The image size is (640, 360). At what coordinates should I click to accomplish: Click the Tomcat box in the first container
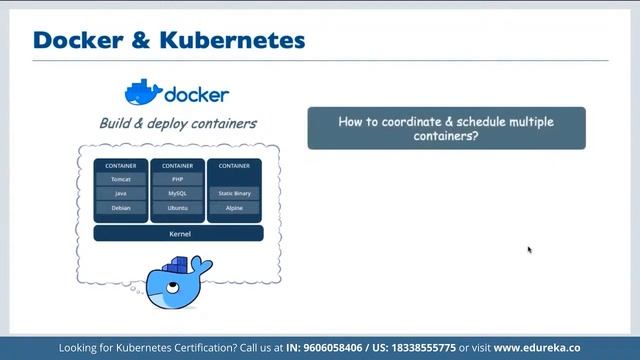pos(121,179)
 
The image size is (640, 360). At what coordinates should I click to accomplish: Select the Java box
pos(121,193)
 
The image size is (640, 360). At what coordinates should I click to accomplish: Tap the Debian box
pos(121,208)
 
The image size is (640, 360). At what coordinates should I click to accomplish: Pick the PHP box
pos(178,179)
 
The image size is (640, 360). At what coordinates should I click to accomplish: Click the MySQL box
pos(178,193)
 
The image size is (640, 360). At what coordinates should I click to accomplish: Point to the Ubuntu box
pos(178,208)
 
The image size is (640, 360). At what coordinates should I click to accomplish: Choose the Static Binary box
pos(235,193)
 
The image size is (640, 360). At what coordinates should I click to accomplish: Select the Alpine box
pos(235,208)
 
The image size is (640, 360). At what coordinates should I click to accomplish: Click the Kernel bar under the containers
pos(178,234)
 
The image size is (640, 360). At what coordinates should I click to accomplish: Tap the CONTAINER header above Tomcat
pos(121,165)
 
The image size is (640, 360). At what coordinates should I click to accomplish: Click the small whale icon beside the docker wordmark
pos(142,93)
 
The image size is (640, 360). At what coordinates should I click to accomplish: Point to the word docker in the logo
pos(196,96)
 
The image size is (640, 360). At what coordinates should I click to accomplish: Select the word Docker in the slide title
pos(72,41)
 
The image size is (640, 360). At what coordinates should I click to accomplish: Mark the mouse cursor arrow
pos(529,249)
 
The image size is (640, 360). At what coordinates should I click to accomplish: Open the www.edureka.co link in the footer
pos(536,348)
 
